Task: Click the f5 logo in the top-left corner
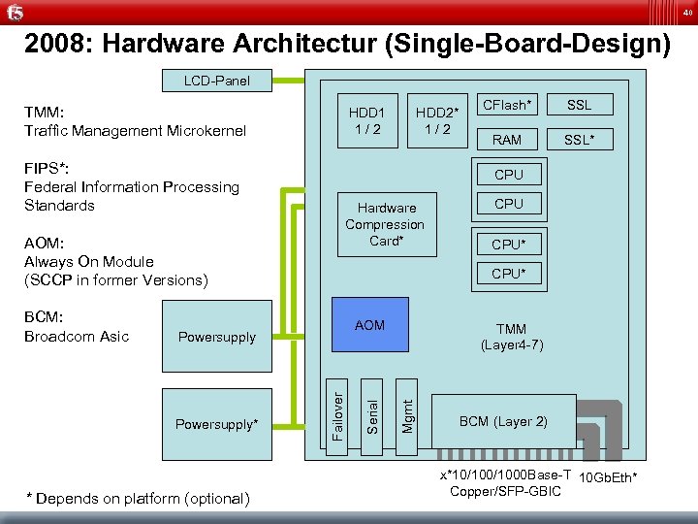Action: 15,13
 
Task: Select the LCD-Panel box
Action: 216,81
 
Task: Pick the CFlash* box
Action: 507,105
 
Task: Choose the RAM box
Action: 507,140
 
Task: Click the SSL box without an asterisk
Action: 579,105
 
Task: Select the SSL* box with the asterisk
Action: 579,140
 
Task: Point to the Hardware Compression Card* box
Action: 386,223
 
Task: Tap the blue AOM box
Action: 369,325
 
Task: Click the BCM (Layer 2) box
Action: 503,421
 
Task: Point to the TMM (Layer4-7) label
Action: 511,337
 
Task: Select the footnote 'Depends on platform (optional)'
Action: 138,499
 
